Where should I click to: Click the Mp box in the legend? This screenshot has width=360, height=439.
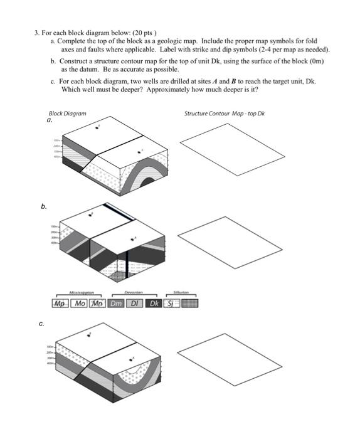click(x=60, y=304)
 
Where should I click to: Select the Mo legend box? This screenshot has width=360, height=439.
click(x=79, y=304)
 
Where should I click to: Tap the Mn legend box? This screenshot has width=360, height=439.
click(x=98, y=304)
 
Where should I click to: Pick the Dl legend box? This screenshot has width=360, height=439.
click(x=135, y=304)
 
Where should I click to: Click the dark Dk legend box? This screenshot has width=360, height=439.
click(x=154, y=304)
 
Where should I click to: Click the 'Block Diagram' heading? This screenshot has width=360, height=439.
click(x=67, y=114)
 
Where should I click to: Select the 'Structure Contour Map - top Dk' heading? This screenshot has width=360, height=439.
click(x=225, y=114)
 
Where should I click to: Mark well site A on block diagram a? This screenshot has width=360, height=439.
click(x=142, y=151)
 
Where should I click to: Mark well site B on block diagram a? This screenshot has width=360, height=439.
click(x=97, y=127)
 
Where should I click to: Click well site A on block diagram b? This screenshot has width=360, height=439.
click(x=133, y=238)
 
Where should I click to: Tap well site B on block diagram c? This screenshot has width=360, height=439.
click(x=90, y=334)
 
